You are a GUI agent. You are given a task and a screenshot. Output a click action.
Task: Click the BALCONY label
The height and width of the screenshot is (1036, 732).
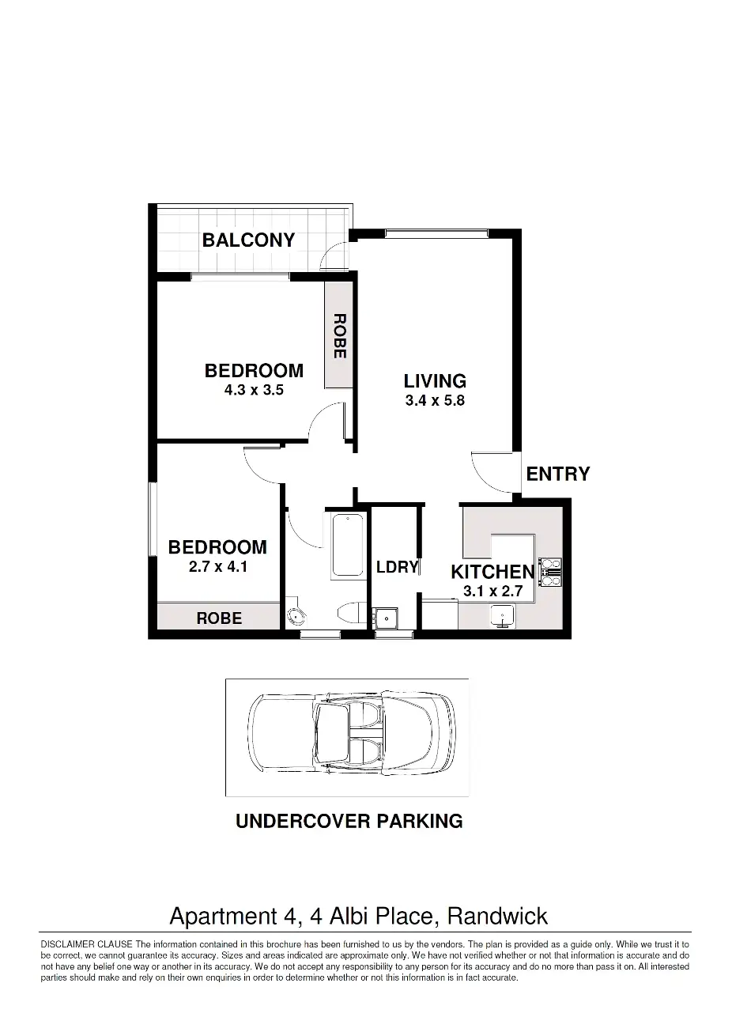248,240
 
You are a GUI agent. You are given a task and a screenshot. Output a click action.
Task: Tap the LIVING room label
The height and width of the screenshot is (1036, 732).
435,380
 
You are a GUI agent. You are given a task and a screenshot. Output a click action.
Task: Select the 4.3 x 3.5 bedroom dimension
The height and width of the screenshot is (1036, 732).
254,390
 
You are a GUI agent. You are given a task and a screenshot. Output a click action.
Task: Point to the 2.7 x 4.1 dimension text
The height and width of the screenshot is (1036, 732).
218,566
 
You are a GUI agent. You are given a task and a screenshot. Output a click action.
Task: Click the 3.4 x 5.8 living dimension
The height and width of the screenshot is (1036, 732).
435,400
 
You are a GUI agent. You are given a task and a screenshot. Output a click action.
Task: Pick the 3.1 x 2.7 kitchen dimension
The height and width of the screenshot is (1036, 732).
493,591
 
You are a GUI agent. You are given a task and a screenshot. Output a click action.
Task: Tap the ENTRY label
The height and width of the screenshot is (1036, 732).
557,474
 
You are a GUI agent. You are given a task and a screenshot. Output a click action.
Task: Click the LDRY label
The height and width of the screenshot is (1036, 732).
397,567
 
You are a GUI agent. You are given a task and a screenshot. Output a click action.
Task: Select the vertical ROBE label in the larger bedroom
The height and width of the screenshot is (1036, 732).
340,336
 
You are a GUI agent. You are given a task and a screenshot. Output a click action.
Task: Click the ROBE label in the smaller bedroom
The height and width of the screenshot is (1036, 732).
219,618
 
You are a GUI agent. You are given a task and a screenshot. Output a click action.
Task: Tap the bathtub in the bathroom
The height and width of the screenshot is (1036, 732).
347,546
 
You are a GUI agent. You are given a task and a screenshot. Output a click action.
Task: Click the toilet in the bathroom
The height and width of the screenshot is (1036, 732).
352,614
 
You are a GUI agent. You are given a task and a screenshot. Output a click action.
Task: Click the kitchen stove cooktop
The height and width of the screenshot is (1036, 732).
551,573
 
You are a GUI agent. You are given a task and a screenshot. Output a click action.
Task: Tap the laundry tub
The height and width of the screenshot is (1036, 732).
385,618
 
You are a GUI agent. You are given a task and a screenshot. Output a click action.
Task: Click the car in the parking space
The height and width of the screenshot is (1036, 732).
352,737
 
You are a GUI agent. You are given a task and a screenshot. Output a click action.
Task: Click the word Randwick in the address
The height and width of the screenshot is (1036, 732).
497,916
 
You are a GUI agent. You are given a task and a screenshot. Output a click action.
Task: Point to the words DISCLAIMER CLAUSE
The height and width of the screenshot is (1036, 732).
86,944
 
